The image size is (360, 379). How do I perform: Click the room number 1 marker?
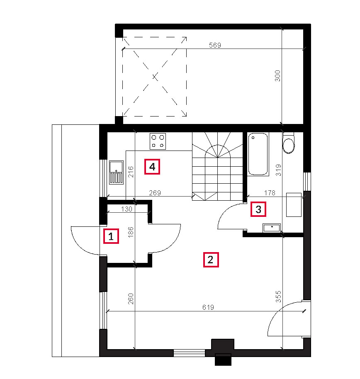pyautogui.click(x=111, y=236)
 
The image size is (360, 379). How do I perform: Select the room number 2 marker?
pyautogui.click(x=211, y=260)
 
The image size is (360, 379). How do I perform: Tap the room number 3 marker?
pyautogui.click(x=258, y=209)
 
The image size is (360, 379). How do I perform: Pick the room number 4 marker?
pyautogui.click(x=152, y=167)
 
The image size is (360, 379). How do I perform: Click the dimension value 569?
pyautogui.click(x=215, y=45)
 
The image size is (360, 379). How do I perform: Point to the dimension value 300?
pyautogui.click(x=277, y=75)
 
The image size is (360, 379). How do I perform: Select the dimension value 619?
pyautogui.click(x=208, y=307)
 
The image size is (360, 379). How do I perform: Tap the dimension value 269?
pyautogui.click(x=155, y=193)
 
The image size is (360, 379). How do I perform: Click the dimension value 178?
pyautogui.click(x=270, y=193)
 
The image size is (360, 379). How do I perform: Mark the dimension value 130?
pyautogui.click(x=126, y=209)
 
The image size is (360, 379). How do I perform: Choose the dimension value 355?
pyautogui.click(x=278, y=296)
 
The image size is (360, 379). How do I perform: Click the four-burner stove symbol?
pyautogui.click(x=158, y=141)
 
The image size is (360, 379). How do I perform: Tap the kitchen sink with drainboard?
pyautogui.click(x=116, y=172)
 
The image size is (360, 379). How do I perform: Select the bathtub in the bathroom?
pyautogui.click(x=258, y=154)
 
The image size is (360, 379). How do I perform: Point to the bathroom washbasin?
pyautogui.click(x=272, y=228)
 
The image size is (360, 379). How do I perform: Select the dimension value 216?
pyautogui.click(x=131, y=172)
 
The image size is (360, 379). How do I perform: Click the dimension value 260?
pyautogui.click(x=131, y=299)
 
